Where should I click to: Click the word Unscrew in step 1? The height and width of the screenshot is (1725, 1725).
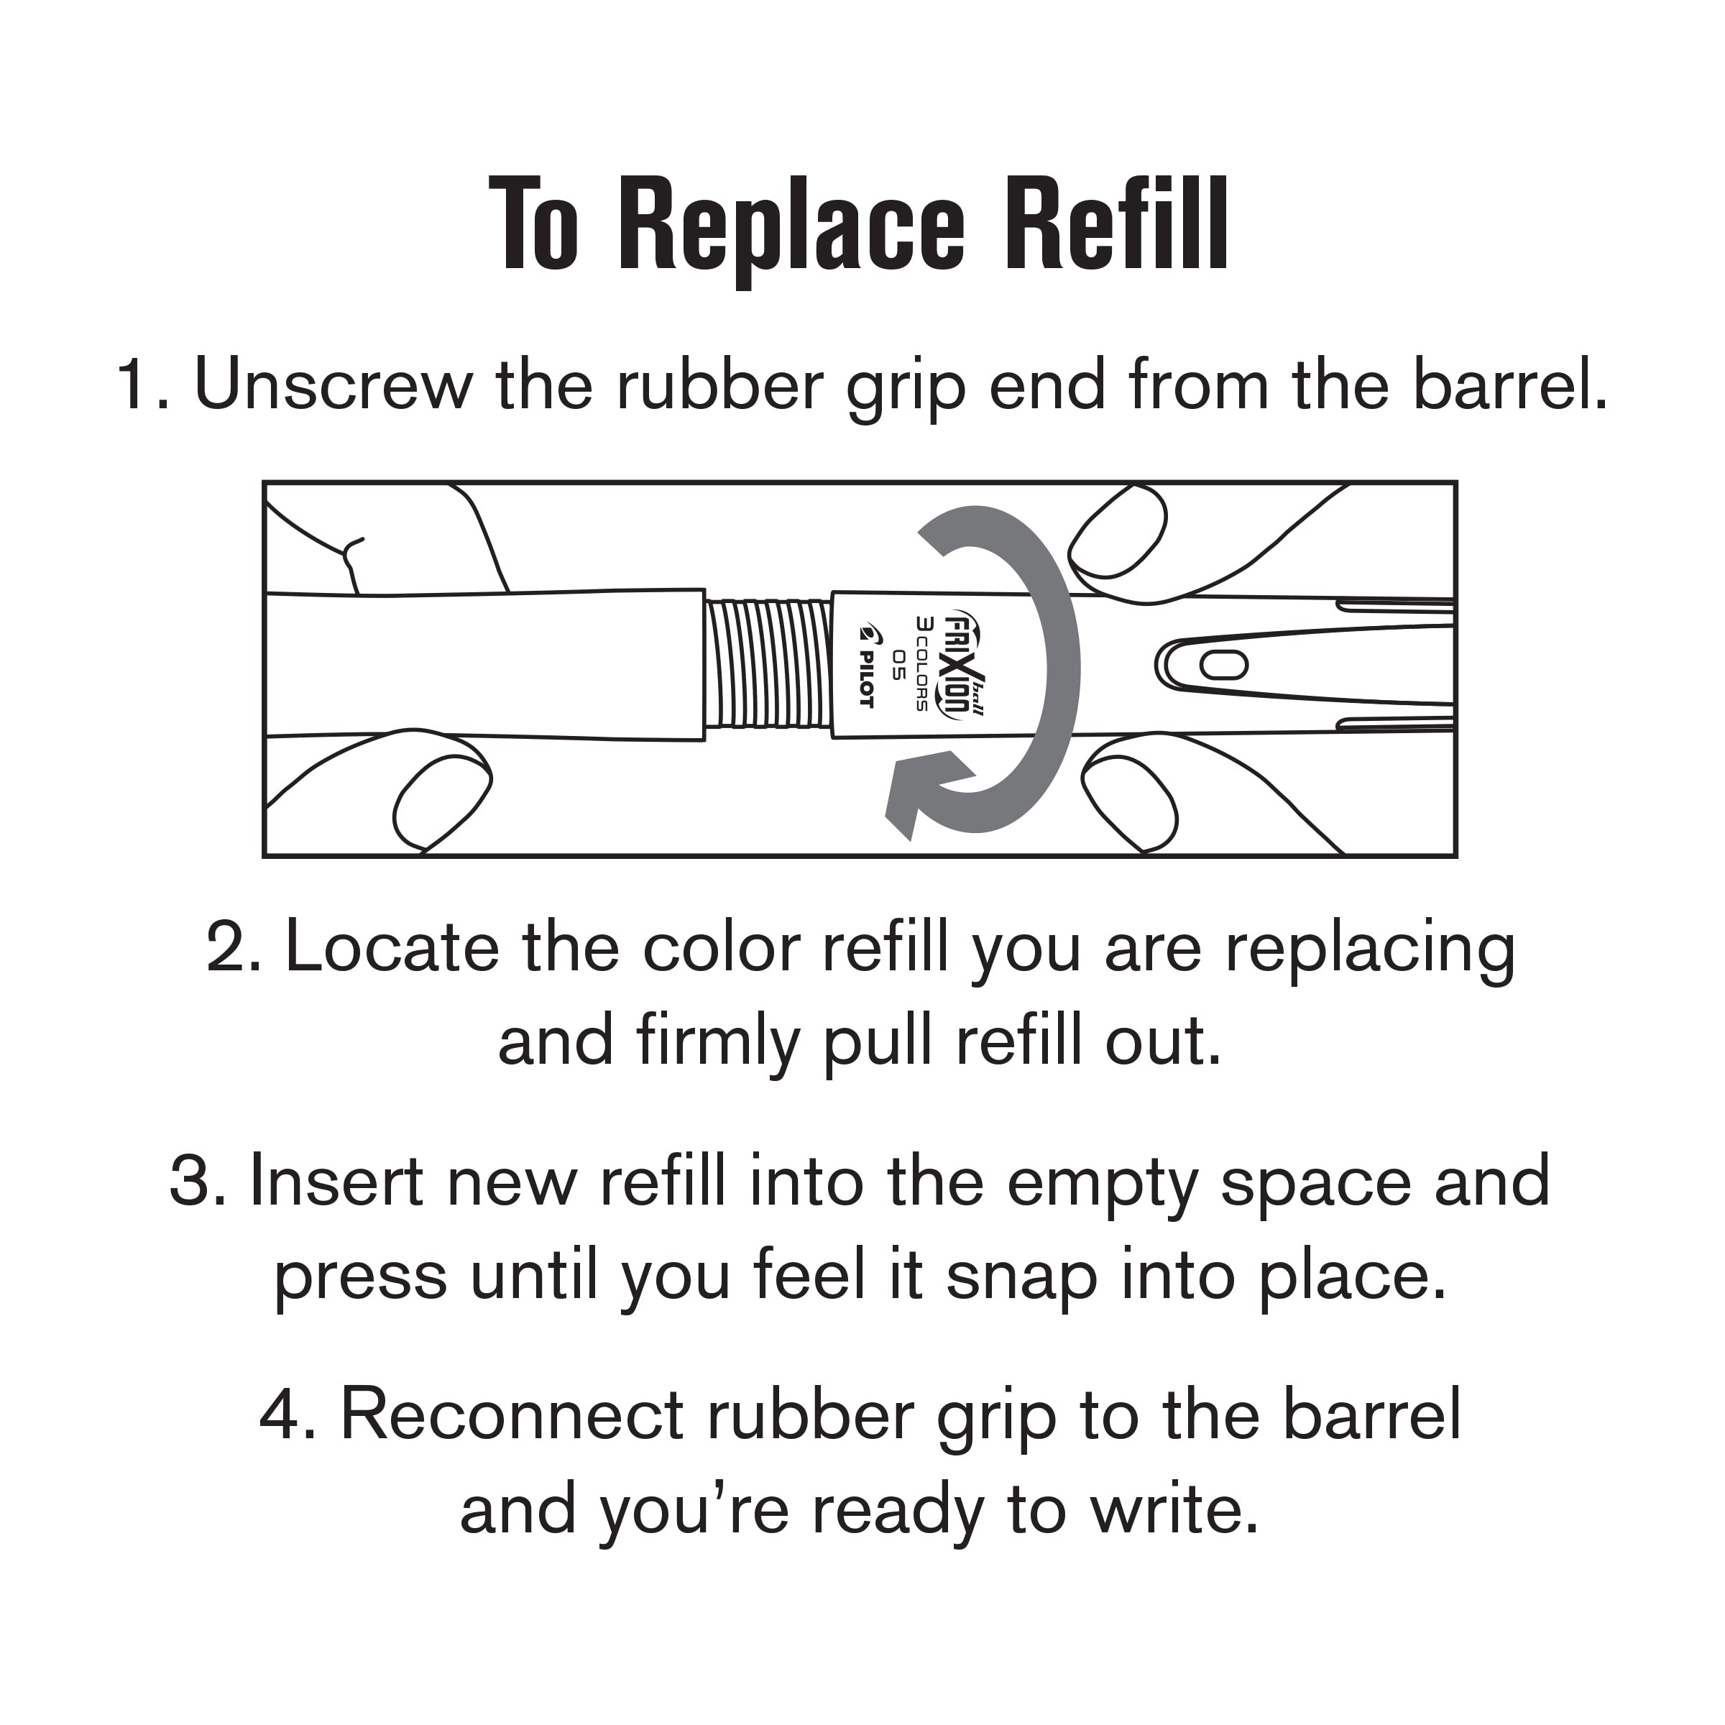pos(332,386)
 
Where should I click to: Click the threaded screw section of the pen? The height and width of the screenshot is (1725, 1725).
pos(767,663)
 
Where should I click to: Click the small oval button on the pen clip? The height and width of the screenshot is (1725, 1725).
pos(1223,664)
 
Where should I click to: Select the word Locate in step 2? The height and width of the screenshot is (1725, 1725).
pos(391,947)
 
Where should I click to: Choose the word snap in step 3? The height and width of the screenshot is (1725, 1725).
pos(1021,1275)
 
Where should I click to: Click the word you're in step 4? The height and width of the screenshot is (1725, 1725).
pos(693,1510)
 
